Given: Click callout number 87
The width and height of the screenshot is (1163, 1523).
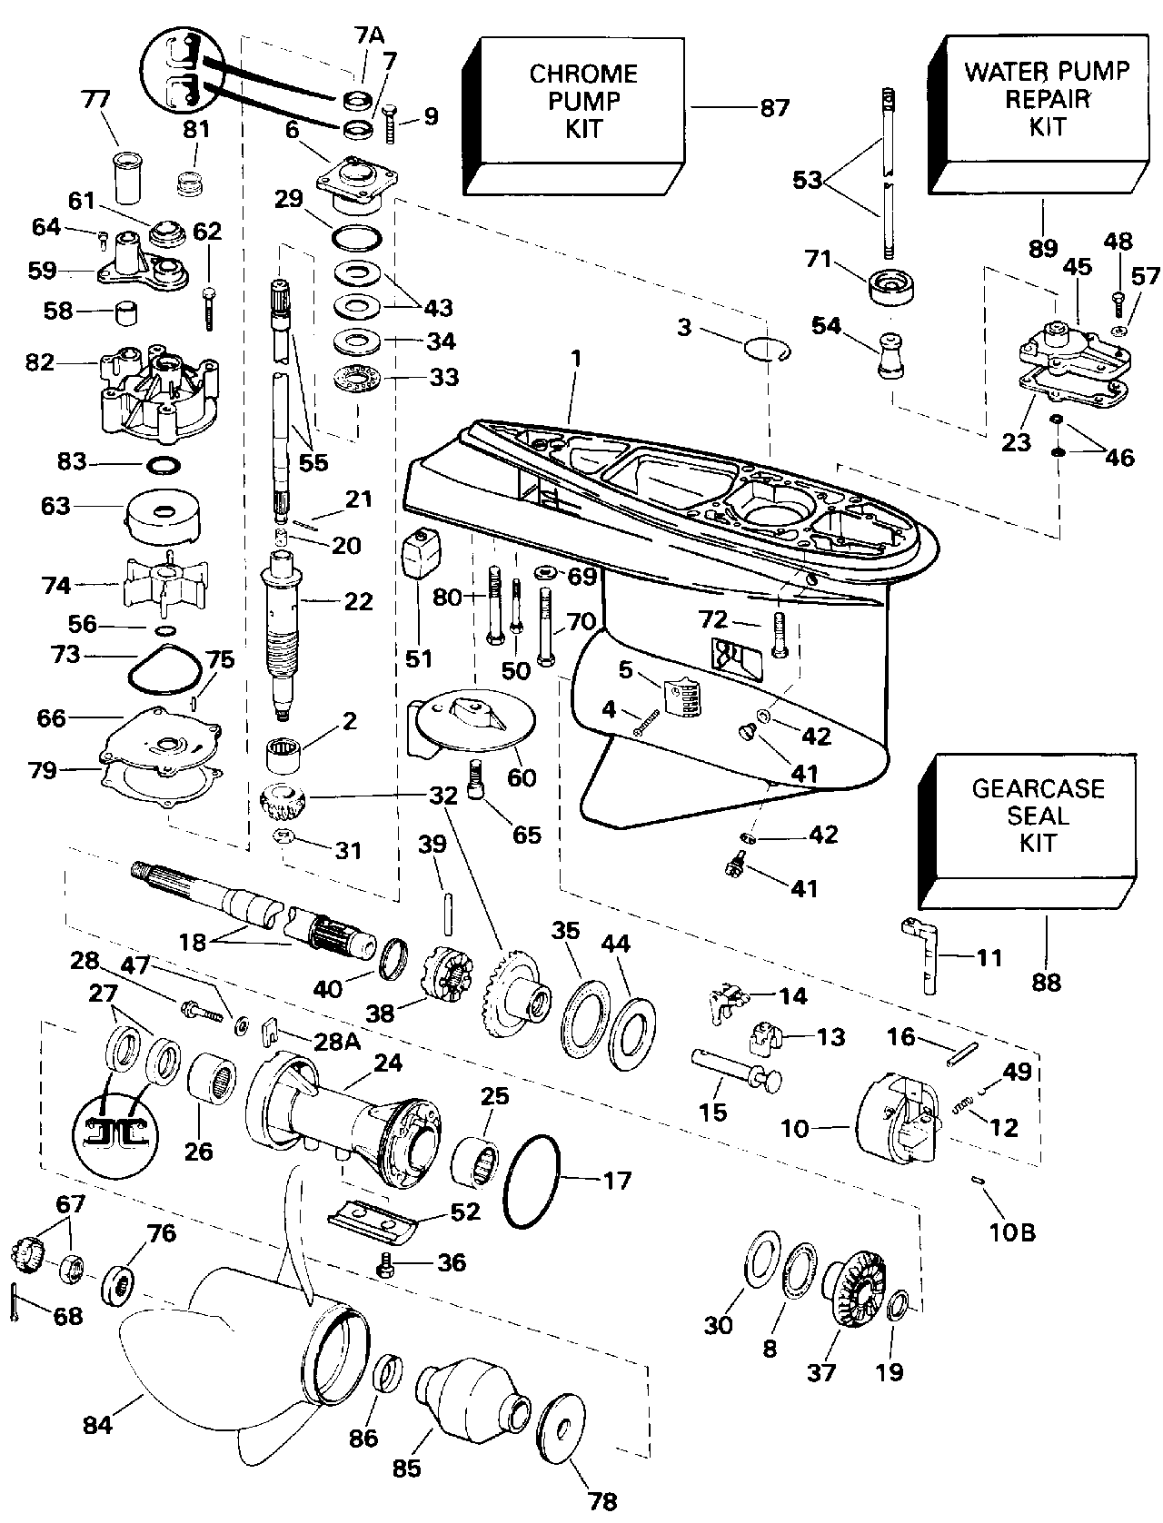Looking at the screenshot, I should (x=774, y=108).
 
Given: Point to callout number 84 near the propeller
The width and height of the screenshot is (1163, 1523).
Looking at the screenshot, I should (x=97, y=1425).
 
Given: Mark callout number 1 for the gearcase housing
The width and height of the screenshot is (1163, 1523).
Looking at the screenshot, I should (x=576, y=360).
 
